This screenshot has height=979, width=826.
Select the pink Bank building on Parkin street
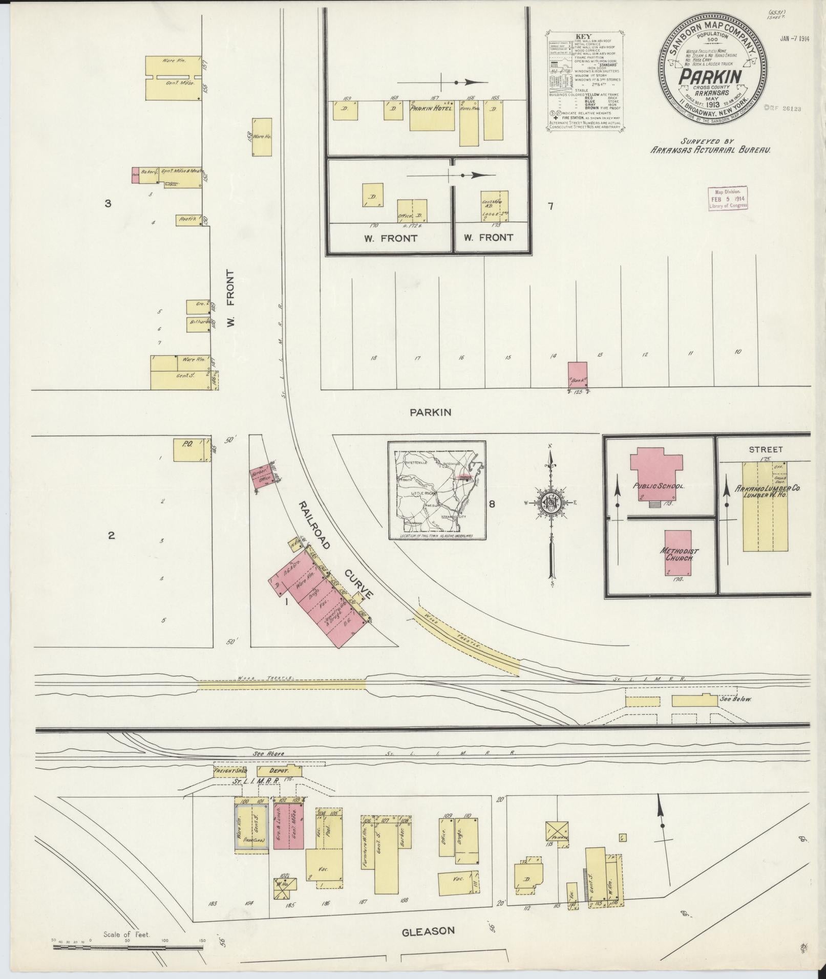578,376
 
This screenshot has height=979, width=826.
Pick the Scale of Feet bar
128,947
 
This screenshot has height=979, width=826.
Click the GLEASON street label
428,931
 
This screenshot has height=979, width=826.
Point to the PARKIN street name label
430,412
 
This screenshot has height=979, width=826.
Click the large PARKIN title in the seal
711,77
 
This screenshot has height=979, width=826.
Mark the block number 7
550,207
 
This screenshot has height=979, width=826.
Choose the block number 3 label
108,204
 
